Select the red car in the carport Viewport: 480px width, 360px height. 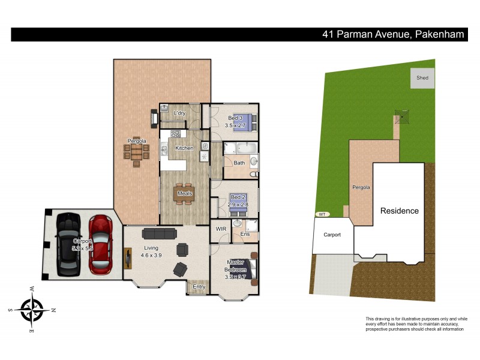coord(100,242)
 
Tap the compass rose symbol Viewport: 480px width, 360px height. coord(33,310)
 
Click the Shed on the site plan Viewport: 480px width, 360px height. coord(422,78)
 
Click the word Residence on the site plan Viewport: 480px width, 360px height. coord(398,211)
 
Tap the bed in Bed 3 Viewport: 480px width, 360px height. coord(247,121)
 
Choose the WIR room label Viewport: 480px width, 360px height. coord(220,229)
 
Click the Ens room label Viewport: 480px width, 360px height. coord(245,233)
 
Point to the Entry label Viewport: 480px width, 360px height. coord(199,287)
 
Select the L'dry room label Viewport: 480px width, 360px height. coord(179,113)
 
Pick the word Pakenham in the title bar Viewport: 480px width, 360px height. coord(439,34)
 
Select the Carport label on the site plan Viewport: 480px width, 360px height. coord(332,235)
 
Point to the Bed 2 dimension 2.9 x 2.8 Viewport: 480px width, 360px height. coord(238,205)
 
